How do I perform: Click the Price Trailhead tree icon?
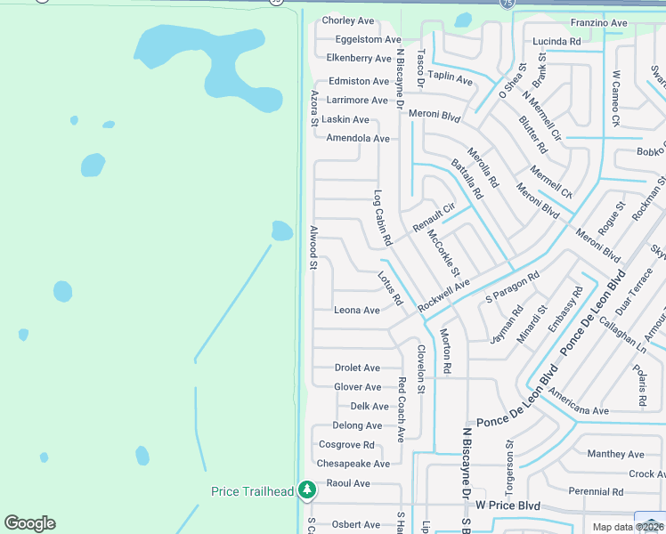(x=307, y=489)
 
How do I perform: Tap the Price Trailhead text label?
(x=252, y=491)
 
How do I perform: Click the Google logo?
(x=29, y=523)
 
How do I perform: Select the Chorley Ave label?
(x=348, y=20)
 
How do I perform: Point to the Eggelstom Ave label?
(x=369, y=39)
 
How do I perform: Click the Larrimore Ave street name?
(x=358, y=101)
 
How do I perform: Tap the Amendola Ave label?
(x=358, y=139)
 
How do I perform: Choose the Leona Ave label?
(x=357, y=311)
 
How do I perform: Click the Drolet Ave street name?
(x=357, y=368)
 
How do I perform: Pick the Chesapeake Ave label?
(x=353, y=464)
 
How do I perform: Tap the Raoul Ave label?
(x=348, y=483)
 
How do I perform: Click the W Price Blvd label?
(x=508, y=506)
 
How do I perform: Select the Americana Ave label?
(x=579, y=411)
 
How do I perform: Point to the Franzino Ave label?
(x=598, y=23)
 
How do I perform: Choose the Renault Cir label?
(x=434, y=219)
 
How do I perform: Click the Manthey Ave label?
(x=615, y=454)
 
